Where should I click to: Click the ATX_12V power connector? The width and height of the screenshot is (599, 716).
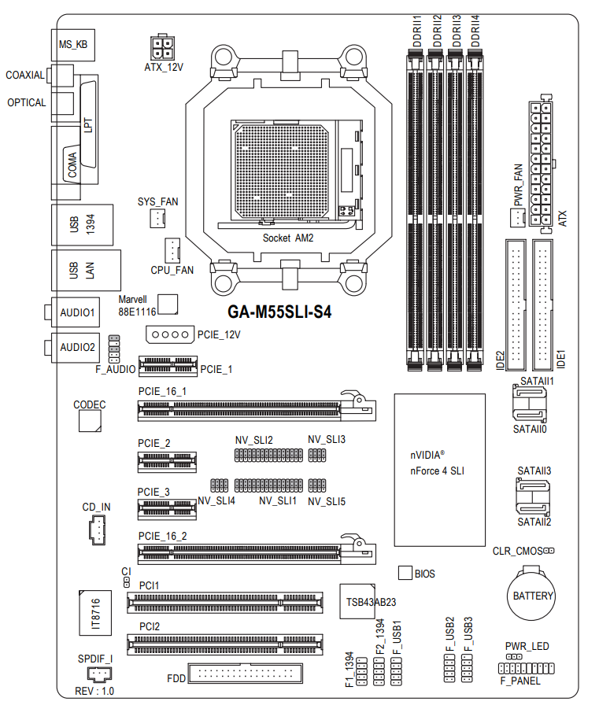[161, 46]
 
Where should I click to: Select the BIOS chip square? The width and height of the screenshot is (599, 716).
[405, 573]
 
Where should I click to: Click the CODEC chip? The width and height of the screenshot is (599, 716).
[90, 421]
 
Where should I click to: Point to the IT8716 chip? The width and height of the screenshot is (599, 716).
[95, 613]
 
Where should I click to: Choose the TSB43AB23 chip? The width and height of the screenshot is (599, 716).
[357, 601]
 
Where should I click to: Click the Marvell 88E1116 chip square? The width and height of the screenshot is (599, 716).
[168, 304]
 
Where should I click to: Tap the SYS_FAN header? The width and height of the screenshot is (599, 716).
[157, 218]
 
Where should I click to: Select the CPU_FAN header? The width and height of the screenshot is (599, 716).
[172, 250]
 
